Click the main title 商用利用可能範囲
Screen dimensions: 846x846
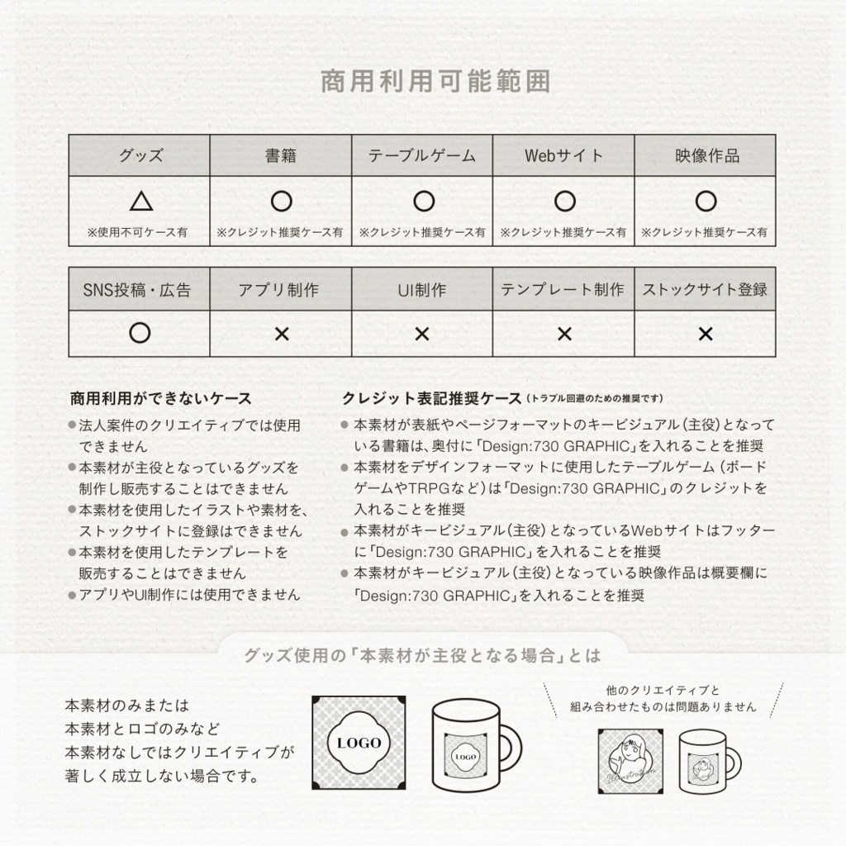click(x=435, y=82)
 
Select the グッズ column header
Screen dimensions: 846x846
click(x=140, y=155)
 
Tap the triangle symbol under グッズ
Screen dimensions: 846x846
click(x=140, y=201)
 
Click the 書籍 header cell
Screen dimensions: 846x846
click(x=281, y=155)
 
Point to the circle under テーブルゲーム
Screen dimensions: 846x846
click(x=423, y=201)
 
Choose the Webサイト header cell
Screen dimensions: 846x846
click(x=563, y=155)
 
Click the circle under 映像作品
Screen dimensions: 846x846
click(x=705, y=201)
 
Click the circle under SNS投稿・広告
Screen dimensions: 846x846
click(x=140, y=333)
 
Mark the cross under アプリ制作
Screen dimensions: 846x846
click(x=281, y=334)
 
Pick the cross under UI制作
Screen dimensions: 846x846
click(x=422, y=334)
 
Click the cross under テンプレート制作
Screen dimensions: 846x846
click(x=564, y=334)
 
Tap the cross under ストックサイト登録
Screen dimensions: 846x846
click(x=706, y=334)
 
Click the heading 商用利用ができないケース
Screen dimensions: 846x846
click(x=161, y=398)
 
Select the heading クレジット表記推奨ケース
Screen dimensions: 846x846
click(x=432, y=398)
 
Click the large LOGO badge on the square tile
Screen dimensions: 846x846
click(x=359, y=742)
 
